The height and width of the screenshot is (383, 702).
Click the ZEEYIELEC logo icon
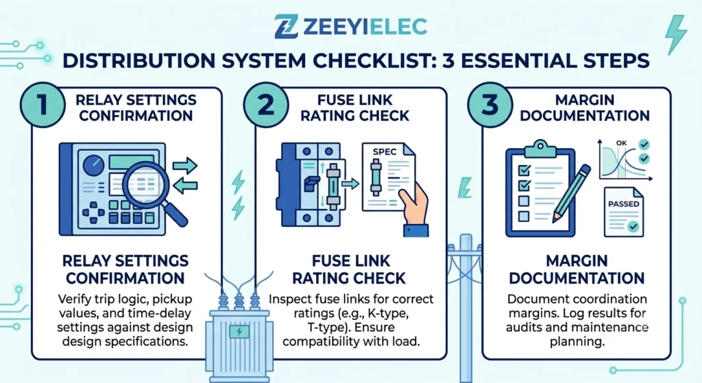click(286, 27)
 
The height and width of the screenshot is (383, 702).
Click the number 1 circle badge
click(43, 105)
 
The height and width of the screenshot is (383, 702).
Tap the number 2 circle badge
click(266, 105)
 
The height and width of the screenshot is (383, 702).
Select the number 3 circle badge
click(489, 105)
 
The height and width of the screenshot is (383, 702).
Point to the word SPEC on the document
click(385, 151)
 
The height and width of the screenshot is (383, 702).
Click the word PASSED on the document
click(624, 204)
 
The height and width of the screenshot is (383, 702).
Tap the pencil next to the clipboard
click(572, 193)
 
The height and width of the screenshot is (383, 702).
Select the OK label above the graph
click(621, 143)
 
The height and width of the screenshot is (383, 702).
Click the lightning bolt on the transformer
click(239, 332)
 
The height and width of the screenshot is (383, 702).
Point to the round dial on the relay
click(93, 165)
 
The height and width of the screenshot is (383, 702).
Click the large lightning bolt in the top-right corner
click(675, 34)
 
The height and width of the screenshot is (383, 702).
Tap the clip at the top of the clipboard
click(540, 148)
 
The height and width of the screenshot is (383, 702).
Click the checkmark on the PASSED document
click(633, 226)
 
